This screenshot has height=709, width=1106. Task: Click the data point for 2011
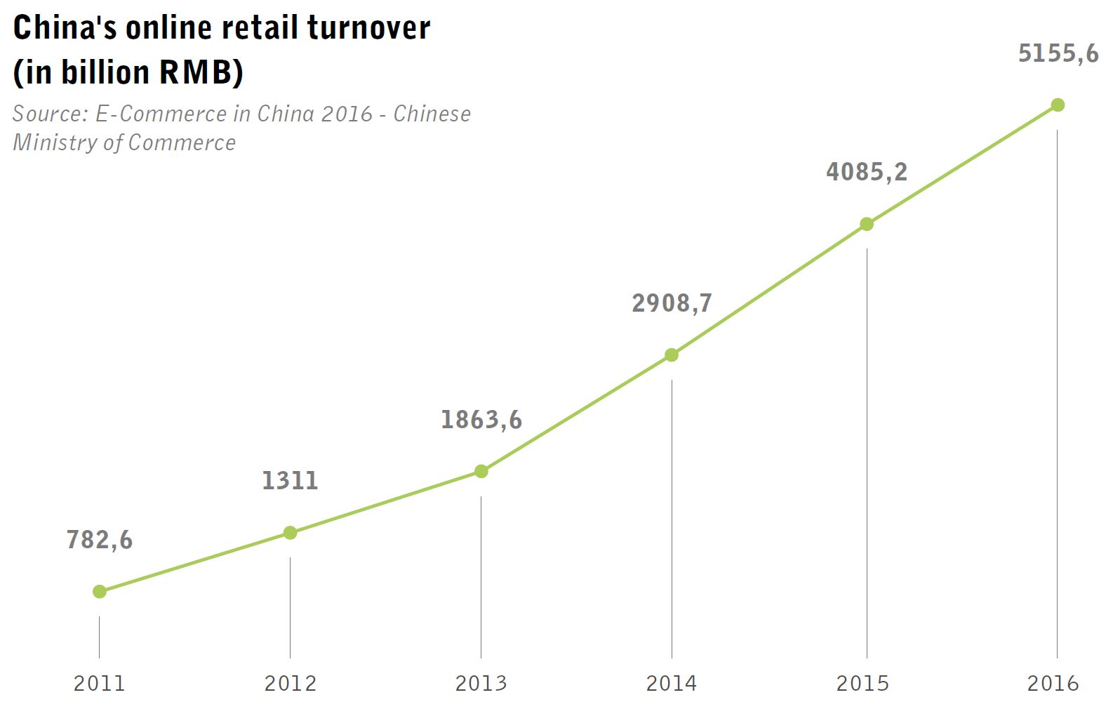[x=100, y=592]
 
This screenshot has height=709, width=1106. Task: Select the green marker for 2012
[x=290, y=533]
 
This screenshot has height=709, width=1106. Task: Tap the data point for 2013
[x=481, y=471]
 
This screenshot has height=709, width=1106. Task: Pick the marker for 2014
[x=672, y=355]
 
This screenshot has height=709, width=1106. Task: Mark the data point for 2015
[x=867, y=224]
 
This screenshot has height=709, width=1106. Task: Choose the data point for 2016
[x=1058, y=105]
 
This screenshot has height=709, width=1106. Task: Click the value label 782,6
[x=100, y=540]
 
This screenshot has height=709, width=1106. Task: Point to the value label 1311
[x=290, y=481]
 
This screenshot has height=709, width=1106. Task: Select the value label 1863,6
[x=481, y=420]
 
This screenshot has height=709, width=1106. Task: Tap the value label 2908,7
[x=672, y=303]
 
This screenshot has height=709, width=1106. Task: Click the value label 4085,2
[x=867, y=172]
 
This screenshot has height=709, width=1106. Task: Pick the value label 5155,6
[x=1058, y=53]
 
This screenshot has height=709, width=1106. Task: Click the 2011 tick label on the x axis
[x=100, y=683]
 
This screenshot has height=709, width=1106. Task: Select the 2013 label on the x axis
[x=481, y=683]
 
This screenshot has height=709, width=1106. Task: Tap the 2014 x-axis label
[x=672, y=683]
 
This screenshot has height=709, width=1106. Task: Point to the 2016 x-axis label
[x=1053, y=683]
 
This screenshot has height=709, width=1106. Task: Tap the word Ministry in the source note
[x=55, y=143]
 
